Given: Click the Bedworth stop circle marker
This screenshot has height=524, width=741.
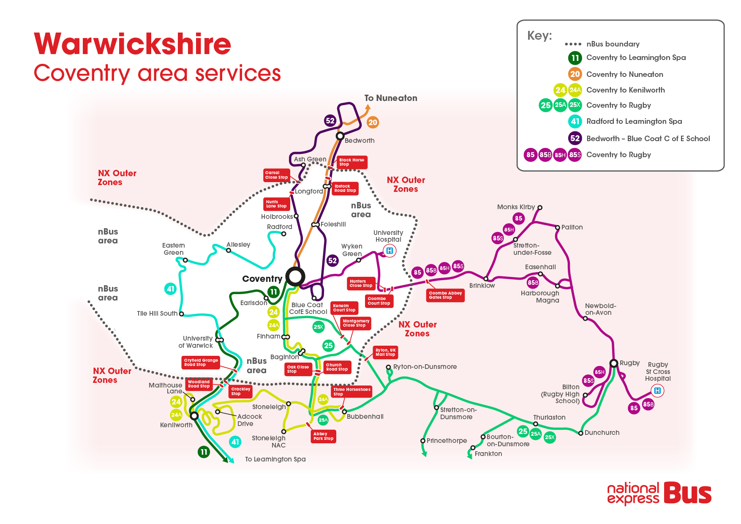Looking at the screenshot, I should (340, 136).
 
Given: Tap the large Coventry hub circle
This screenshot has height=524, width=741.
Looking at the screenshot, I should (295, 277).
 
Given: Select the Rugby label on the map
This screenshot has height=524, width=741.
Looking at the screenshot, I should (629, 363).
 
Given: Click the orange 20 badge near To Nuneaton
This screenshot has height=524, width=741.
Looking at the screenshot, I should (373, 123).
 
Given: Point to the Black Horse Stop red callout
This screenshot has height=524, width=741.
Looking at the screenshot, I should (351, 162).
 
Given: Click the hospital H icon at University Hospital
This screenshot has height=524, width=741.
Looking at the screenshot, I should (390, 251).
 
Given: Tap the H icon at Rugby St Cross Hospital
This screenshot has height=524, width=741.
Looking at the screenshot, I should (657, 391).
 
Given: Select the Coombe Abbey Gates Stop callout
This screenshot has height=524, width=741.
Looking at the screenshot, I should (445, 295).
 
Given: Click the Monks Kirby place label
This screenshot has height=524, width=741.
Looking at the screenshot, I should (516, 207).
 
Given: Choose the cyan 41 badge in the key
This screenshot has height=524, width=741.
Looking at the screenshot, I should (575, 122).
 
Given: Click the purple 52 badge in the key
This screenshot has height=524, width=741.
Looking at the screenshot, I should (575, 138).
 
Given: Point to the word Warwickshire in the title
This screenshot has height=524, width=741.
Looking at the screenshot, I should (133, 44).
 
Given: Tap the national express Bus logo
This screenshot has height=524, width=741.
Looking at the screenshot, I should (659, 493).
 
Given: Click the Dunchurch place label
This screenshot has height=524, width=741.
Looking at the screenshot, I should (602, 433).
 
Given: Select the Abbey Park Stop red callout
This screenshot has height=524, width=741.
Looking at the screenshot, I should (323, 436).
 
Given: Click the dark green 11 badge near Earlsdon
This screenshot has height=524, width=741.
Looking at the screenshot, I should (273, 292).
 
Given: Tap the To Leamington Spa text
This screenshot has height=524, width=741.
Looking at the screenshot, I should (275, 459).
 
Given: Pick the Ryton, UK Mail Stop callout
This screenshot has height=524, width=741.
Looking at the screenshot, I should (385, 352).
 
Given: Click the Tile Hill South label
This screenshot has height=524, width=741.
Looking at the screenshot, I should (157, 314).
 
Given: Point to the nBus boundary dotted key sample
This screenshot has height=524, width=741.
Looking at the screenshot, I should (573, 44).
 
